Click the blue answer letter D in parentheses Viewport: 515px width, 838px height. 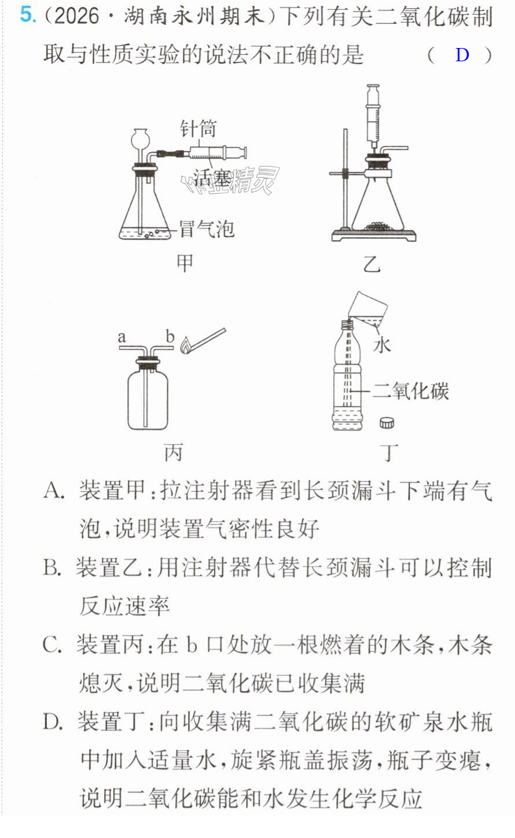pos(462,55)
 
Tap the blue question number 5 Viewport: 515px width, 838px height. pos(28,16)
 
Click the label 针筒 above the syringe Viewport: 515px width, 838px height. pos(198,129)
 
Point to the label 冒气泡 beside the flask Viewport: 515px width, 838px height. pos(207,228)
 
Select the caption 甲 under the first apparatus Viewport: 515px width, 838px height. pos(185,263)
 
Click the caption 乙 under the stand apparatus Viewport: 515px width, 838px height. pos(372,264)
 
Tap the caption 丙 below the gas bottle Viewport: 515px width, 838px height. pos(173,452)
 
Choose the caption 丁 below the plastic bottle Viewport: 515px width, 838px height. pos(389,452)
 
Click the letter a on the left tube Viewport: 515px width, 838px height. pos(122,337)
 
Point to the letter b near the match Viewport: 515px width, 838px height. pos(170,337)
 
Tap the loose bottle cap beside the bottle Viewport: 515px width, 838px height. pos(387,422)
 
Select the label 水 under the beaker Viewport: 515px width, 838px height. pos(382,345)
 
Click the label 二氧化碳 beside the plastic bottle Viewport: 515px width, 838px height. pos(411,392)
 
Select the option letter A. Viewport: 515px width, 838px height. pos(53,490)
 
